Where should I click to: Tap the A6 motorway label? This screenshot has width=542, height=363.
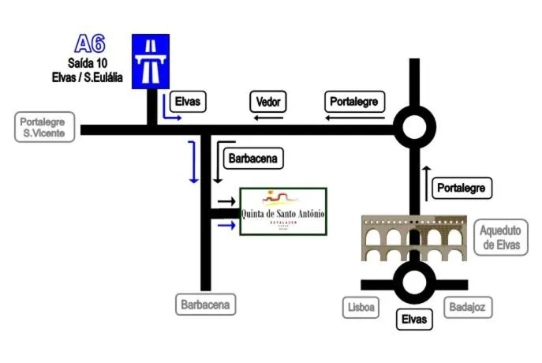[89, 43]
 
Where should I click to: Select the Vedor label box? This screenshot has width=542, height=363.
[267, 102]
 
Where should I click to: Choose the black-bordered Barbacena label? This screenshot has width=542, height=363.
[252, 159]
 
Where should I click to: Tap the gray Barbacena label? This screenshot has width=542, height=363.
[207, 304]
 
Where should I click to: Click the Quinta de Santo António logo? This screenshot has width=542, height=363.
[282, 211]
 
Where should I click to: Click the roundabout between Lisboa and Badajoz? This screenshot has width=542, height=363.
[413, 284]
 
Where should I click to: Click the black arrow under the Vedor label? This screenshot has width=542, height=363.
[268, 118]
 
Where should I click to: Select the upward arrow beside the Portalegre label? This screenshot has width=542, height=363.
[426, 180]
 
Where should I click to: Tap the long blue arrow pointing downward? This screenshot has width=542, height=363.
[193, 162]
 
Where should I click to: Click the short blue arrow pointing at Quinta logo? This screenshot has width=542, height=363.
[226, 226]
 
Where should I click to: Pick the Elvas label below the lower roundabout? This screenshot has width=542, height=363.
[413, 320]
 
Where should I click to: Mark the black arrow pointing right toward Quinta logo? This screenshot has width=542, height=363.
[226, 202]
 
